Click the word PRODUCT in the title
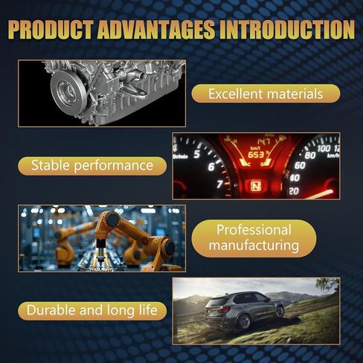(x=51, y=30)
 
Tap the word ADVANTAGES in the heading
(x=156, y=30)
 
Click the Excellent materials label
(x=266, y=94)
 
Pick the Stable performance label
(x=92, y=166)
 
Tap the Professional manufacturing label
(x=254, y=238)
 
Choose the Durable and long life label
(x=92, y=311)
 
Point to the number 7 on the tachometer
(x=219, y=184)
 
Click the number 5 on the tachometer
(x=197, y=154)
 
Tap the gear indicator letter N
(x=255, y=186)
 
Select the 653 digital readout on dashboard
(x=257, y=155)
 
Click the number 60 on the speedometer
(x=300, y=165)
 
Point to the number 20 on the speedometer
(x=294, y=191)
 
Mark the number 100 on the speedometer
(x=324, y=148)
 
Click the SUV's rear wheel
(x=244, y=321)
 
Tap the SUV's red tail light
(x=223, y=309)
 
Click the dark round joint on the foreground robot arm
(x=112, y=219)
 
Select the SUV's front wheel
(x=280, y=312)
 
